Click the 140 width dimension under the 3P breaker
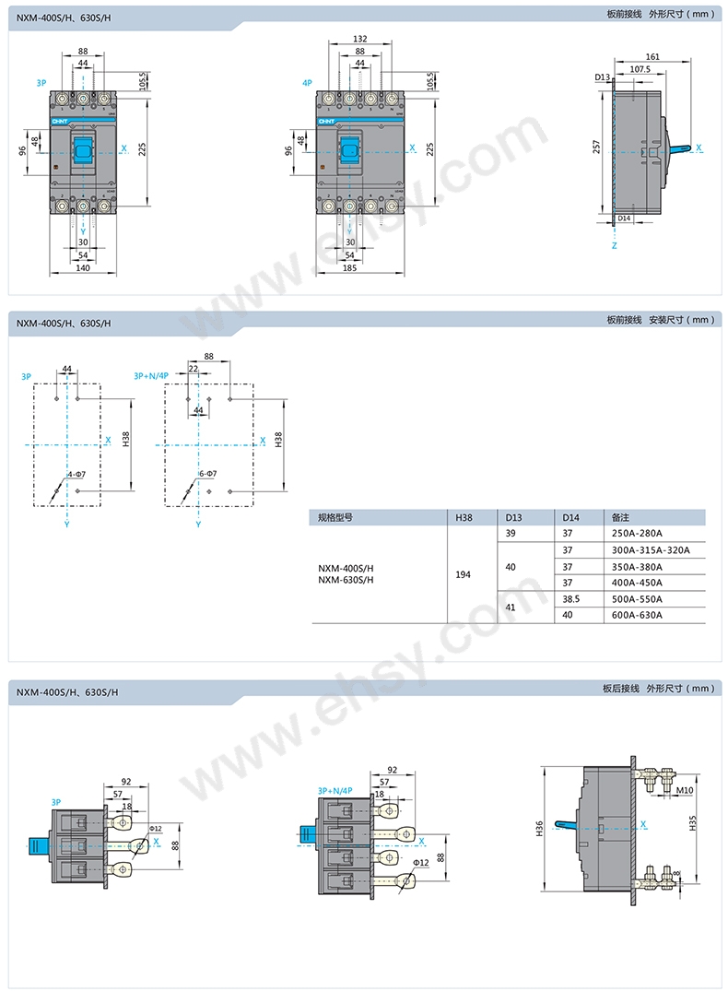coord(82,267)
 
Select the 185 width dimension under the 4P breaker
coord(349,267)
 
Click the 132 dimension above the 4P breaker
coord(359,40)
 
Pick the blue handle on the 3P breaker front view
coord(83,148)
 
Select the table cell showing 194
coord(463,574)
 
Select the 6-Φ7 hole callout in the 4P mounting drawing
coord(207,474)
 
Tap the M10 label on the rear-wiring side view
coord(683,790)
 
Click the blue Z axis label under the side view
coord(614,246)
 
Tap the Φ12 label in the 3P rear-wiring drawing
coord(155,829)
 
